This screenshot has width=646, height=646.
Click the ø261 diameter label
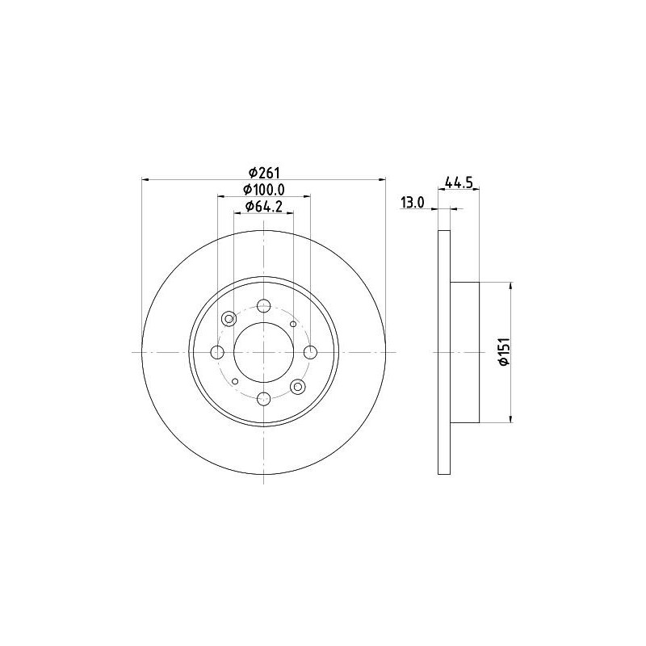264,172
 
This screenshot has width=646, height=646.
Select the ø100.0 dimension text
264,190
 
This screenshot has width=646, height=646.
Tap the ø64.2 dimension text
264,207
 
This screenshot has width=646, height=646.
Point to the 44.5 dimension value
459,182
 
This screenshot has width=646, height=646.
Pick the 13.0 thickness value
413,203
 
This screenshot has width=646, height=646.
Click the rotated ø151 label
504,351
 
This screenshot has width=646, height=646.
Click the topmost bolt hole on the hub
264,306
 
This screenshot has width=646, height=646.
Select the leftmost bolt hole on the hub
217,352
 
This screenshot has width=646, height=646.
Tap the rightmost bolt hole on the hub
310,352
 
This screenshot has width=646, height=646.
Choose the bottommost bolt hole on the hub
264,399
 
